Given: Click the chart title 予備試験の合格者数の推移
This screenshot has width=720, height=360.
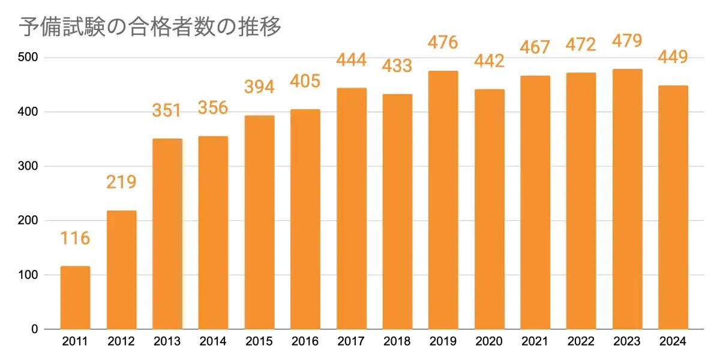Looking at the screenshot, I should (x=150, y=27).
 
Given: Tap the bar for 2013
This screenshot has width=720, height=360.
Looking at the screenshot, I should (x=167, y=234).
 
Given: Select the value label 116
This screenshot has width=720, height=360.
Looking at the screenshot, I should (x=75, y=238).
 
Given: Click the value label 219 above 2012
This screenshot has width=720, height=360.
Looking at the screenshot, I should (x=121, y=182).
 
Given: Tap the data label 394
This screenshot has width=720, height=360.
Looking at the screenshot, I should (x=259, y=87).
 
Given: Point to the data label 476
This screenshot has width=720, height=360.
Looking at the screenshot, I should (x=443, y=43).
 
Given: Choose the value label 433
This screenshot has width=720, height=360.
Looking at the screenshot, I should (x=397, y=65).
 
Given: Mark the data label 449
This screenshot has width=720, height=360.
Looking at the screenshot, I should (x=673, y=57).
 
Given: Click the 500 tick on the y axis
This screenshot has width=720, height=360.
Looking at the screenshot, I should (x=28, y=58).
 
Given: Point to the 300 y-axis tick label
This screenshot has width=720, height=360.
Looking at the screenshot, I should (x=28, y=166).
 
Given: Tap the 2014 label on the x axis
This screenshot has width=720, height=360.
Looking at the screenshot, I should (x=213, y=342).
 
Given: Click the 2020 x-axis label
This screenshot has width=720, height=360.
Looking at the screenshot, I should (x=489, y=342).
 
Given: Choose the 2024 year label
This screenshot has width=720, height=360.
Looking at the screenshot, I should (x=673, y=342).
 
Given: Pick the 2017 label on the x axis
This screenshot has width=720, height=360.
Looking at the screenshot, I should (x=351, y=342).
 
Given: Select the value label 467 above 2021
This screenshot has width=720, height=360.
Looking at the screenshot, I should (x=535, y=47).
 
